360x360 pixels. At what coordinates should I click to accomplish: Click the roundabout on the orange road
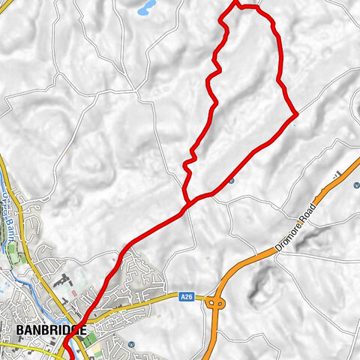point(215,304)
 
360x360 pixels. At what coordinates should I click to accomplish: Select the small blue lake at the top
point(147,7)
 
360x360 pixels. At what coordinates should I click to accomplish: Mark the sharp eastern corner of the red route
point(297,114)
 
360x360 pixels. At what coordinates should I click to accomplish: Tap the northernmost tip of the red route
point(238,3)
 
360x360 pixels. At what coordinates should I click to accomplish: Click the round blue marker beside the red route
point(232,181)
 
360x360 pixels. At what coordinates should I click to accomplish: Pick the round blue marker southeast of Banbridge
point(132,344)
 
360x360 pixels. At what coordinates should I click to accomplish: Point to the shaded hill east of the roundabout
point(262,281)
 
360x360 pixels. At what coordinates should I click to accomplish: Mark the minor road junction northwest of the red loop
point(139,94)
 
